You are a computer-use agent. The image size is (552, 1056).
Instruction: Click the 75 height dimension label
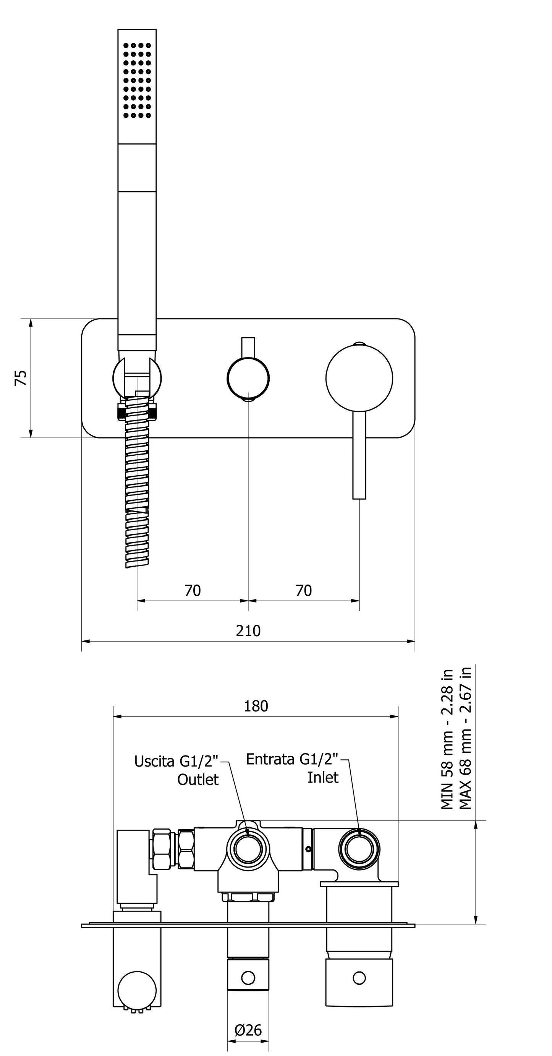tap(21, 378)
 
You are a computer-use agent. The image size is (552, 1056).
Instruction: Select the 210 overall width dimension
tap(248, 630)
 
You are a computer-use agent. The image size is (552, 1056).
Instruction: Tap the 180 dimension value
tap(256, 706)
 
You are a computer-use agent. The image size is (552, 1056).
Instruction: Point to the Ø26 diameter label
tap(248, 1030)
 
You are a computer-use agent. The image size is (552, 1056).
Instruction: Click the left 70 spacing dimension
tap(193, 590)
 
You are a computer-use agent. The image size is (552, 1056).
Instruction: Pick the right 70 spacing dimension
tap(304, 590)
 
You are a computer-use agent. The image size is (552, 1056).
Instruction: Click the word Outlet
tap(198, 779)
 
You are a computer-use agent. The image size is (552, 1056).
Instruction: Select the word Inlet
tap(323, 777)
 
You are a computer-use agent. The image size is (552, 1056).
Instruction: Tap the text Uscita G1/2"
tap(176, 761)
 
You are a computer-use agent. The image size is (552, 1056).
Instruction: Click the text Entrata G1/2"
tap(292, 759)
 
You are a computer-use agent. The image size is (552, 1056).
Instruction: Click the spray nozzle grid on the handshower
tap(137, 80)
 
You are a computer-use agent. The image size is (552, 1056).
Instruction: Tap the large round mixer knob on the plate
tap(359, 378)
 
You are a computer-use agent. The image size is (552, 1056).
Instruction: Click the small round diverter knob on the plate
tap(248, 378)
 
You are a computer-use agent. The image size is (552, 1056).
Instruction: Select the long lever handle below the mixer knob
tap(359, 455)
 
